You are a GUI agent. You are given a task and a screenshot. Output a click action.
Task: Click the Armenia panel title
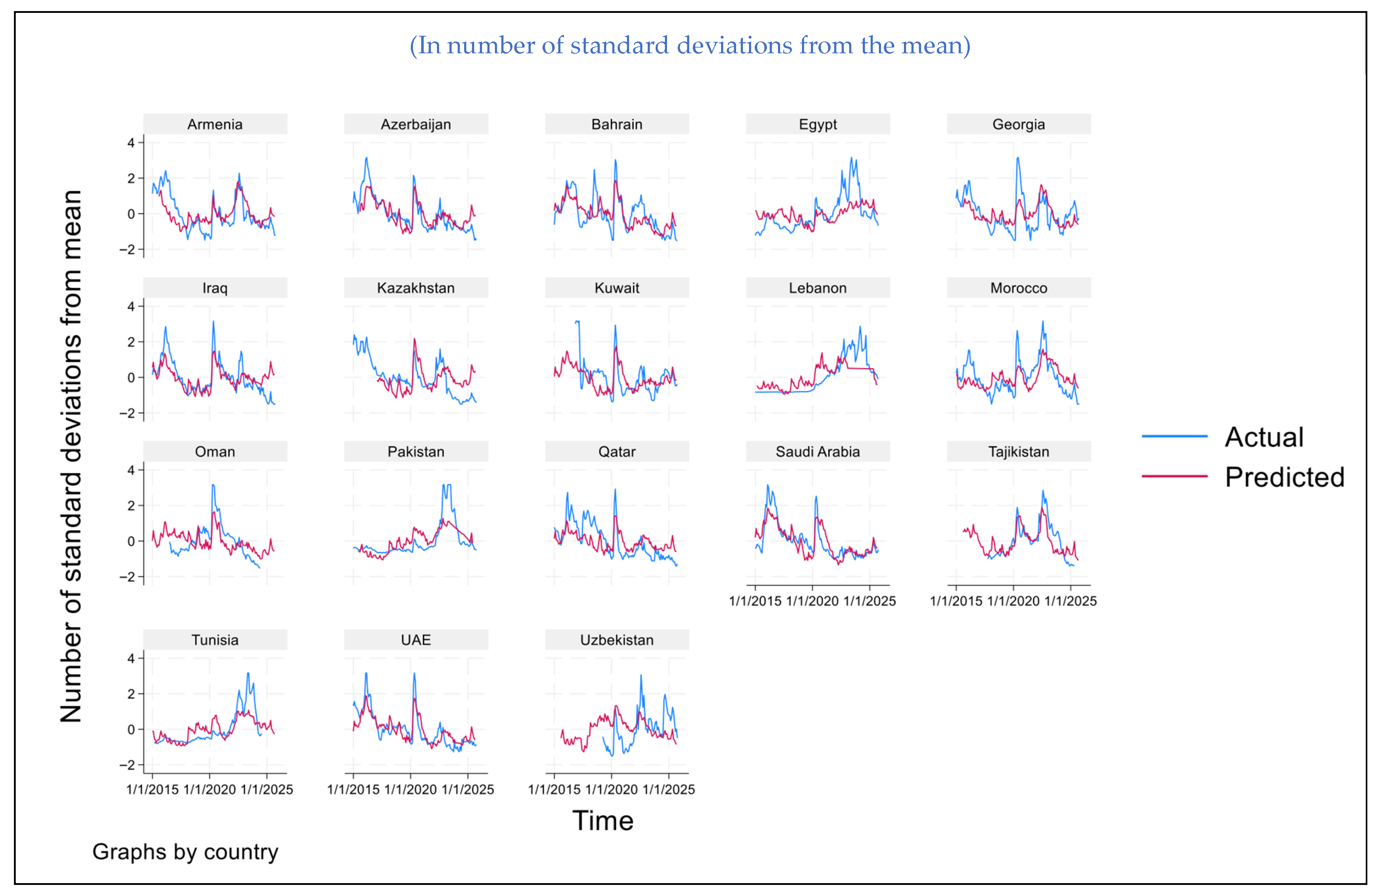(215, 124)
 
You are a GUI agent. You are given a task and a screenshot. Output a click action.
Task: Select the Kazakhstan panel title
(415, 288)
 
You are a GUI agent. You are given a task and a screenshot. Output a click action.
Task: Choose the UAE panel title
(415, 640)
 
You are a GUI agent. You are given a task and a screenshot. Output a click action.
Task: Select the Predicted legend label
(1284, 477)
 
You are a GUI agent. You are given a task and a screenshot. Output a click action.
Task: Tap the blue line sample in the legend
(1174, 436)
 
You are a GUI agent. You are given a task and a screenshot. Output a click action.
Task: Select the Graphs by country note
(185, 851)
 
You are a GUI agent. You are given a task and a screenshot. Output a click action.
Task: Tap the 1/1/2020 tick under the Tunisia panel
(209, 789)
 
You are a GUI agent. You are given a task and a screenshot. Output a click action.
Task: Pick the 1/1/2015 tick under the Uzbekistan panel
(554, 789)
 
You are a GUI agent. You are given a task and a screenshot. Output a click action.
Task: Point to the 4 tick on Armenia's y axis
(131, 143)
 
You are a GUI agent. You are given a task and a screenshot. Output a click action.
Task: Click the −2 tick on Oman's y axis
(127, 577)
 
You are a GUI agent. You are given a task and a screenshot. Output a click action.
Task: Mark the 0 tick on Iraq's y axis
(131, 378)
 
